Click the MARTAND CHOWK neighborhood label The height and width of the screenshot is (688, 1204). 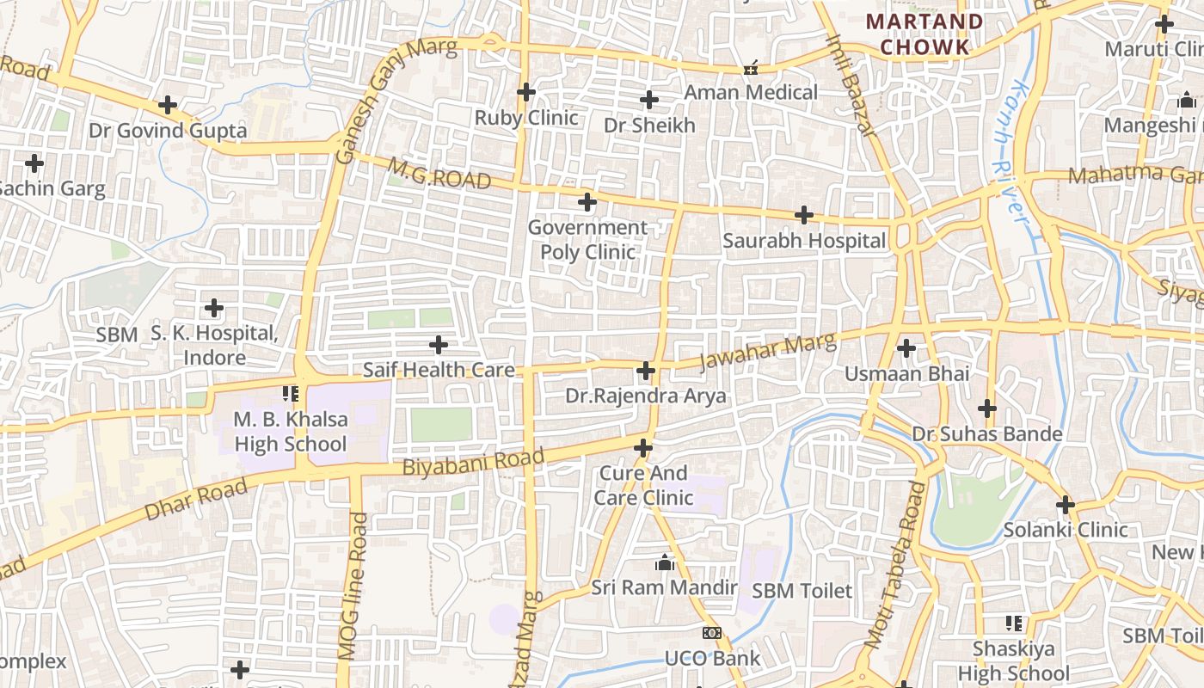[x=924, y=34]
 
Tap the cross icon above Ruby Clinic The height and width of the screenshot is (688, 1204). [x=526, y=92]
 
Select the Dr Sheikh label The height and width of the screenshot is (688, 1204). [x=649, y=126]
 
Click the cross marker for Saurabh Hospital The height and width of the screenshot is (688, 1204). [x=804, y=215]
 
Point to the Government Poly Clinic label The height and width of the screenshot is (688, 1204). [x=587, y=240]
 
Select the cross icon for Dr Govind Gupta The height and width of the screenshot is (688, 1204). [x=168, y=106]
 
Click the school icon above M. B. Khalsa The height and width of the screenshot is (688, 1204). [x=291, y=394]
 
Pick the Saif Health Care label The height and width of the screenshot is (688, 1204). [x=439, y=371]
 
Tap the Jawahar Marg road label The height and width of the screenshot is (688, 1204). [x=767, y=352]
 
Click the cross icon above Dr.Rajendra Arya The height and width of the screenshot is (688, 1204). [x=646, y=371]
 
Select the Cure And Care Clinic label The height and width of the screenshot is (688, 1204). [x=644, y=486]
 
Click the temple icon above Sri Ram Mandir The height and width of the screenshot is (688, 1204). [x=664, y=563]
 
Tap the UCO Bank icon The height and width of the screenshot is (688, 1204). [x=712, y=633]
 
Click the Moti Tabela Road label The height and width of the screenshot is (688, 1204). [x=896, y=565]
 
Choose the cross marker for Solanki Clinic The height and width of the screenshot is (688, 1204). [x=1066, y=505]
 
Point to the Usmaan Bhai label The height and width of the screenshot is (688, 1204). [x=906, y=374]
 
